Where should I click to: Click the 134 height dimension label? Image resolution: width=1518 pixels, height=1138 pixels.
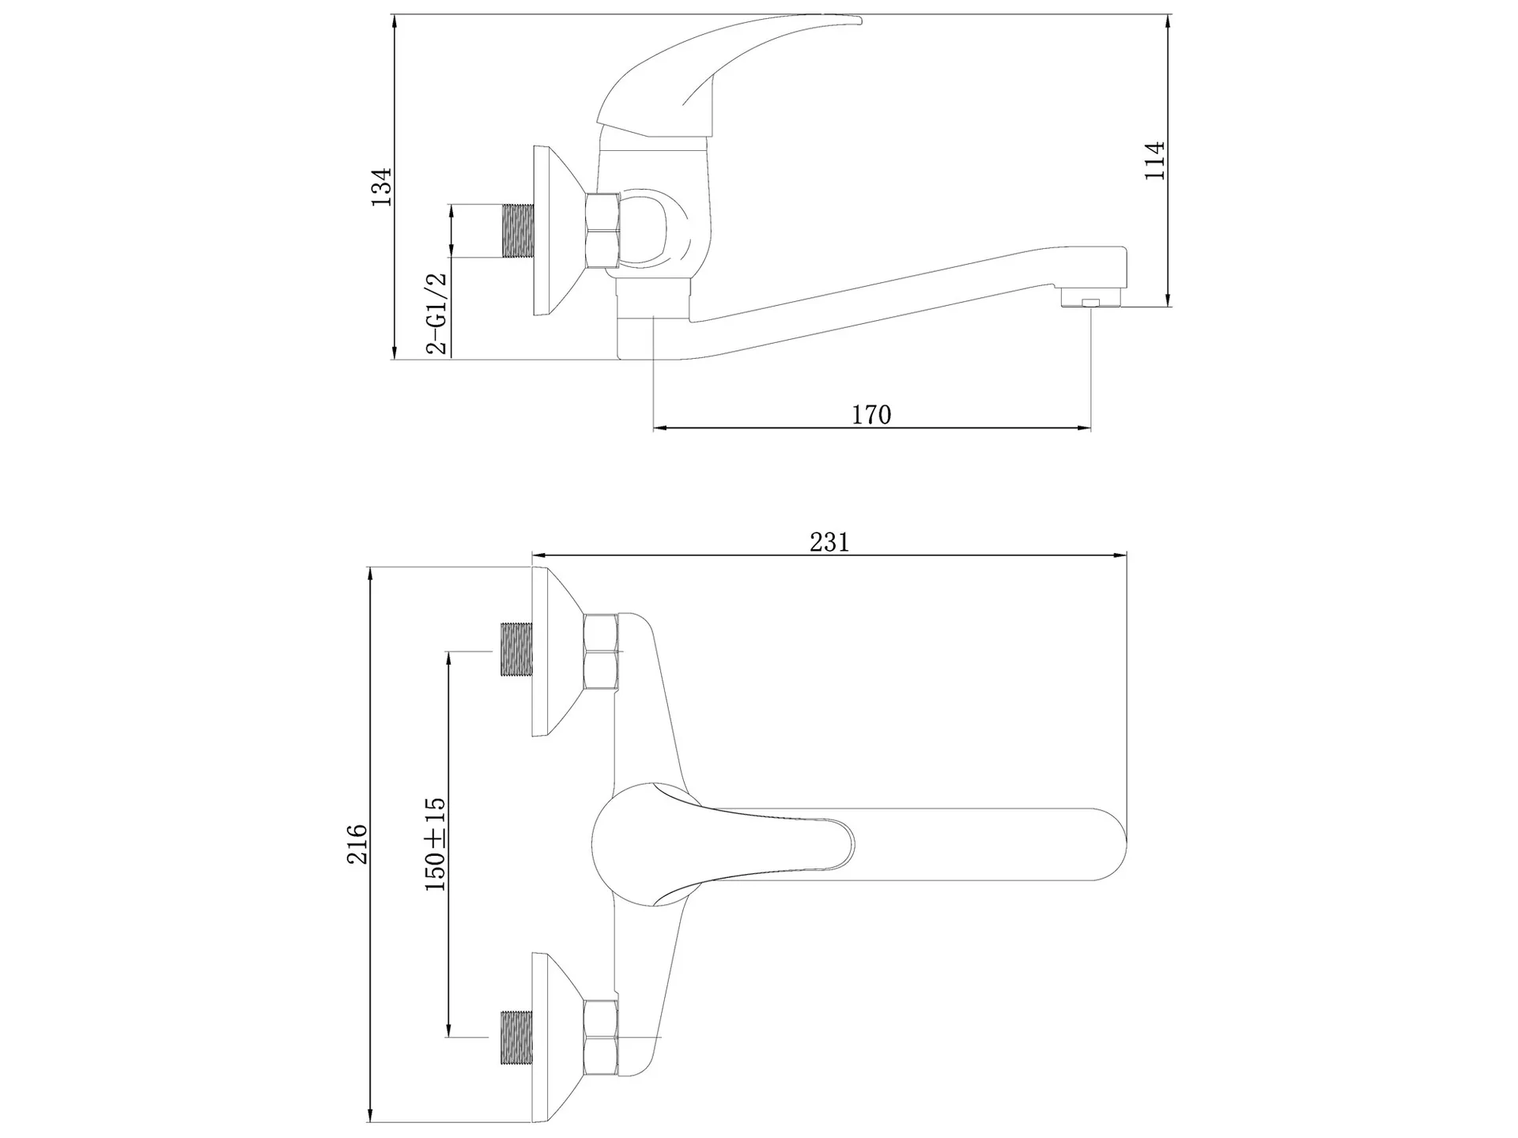click(382, 187)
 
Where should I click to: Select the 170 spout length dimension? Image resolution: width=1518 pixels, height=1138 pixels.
click(871, 414)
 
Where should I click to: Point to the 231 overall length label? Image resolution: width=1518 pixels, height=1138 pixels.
click(829, 542)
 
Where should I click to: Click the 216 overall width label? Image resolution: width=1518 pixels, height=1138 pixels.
click(358, 844)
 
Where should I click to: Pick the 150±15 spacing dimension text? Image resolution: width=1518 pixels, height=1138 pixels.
click(436, 844)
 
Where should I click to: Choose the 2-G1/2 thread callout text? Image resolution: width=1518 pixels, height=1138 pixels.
click(436, 313)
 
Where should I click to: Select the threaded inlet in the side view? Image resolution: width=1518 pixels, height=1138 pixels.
click(517, 231)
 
